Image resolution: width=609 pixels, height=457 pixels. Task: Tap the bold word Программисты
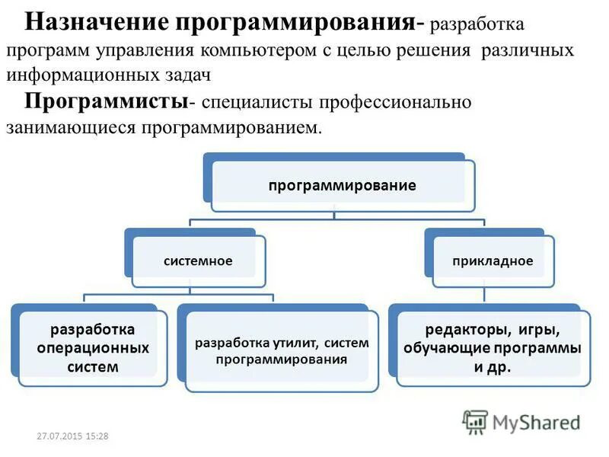point(107,101)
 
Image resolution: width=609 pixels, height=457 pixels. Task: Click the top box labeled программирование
point(340,185)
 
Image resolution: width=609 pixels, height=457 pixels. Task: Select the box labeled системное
point(198,261)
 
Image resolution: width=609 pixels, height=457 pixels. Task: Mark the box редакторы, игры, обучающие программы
point(492,348)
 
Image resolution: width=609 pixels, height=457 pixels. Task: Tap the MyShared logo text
point(536,422)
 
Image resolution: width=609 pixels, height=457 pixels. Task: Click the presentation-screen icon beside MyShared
point(475,422)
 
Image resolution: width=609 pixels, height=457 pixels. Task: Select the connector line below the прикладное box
point(485,295)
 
